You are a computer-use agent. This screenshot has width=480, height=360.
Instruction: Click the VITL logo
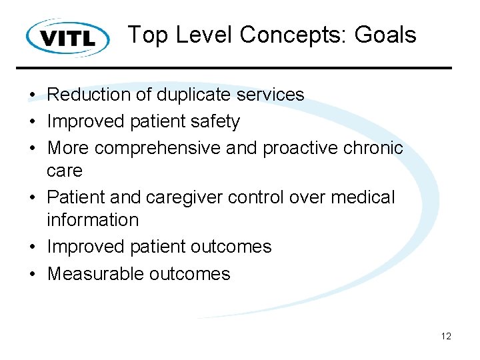tap(68, 37)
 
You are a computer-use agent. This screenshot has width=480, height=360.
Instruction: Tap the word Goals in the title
tap(385, 35)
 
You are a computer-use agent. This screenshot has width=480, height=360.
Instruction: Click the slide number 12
tap(446, 336)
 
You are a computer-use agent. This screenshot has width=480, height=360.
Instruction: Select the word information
tap(92, 220)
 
